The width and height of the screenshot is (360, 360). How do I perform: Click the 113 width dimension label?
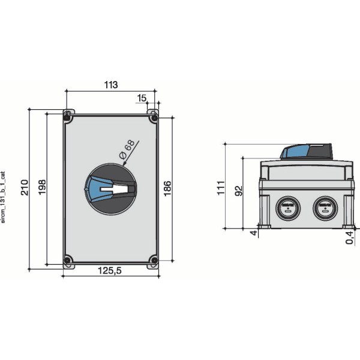point(111,85)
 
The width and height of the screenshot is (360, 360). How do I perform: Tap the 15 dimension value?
point(142,97)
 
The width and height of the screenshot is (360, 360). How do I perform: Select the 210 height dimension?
point(25,187)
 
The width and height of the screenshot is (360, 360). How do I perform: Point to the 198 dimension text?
point(41,187)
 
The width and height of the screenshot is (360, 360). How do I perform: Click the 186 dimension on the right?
point(167,188)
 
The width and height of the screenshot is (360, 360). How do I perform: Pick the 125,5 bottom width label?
point(110,271)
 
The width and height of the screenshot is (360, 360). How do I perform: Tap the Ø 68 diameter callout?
point(127,150)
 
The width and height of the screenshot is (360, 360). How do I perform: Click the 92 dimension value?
point(238,191)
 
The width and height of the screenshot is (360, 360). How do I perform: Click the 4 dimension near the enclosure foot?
point(253,233)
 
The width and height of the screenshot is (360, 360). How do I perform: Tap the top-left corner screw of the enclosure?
point(68,117)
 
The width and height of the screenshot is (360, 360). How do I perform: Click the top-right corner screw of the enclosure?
point(154,117)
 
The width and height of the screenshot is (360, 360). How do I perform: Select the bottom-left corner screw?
point(68,260)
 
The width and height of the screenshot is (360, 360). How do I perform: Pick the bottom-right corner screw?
point(154,260)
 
